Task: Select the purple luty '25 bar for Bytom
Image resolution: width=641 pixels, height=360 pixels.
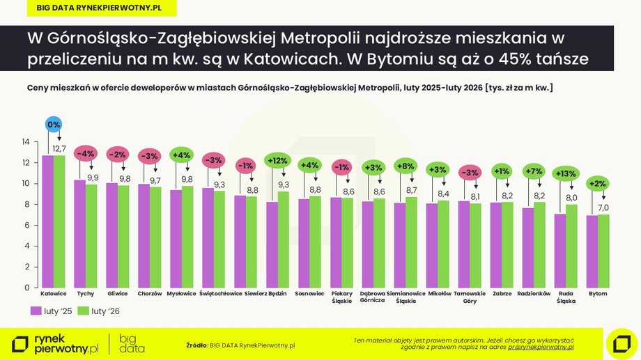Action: [592, 251]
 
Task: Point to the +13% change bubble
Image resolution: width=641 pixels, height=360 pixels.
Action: [566, 173]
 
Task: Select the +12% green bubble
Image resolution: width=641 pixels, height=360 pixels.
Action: [277, 161]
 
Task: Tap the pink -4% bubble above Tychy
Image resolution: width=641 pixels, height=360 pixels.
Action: [85, 154]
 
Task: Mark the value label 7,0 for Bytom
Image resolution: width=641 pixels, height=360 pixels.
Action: [603, 208]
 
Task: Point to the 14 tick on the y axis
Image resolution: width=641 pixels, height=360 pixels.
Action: [25, 142]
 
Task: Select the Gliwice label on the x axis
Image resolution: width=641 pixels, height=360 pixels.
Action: [117, 294]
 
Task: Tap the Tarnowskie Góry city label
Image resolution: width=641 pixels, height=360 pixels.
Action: [470, 297]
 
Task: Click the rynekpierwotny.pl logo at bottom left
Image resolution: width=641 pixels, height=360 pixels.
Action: [56, 343]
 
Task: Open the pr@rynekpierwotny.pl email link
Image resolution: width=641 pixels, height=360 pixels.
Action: [540, 346]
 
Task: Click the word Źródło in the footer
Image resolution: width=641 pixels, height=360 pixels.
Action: [197, 345]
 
